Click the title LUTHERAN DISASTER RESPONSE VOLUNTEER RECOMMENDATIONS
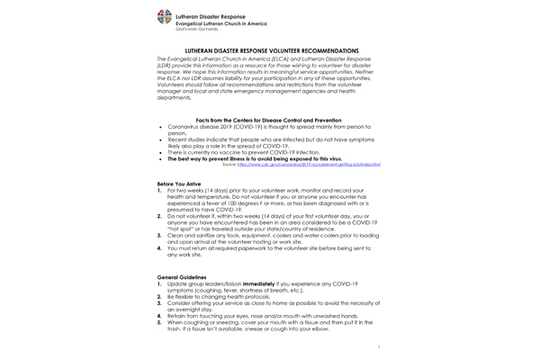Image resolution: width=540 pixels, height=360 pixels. click(271, 50)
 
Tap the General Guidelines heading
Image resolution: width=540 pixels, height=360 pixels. click(181, 277)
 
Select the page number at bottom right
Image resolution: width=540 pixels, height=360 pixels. click(379, 346)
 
